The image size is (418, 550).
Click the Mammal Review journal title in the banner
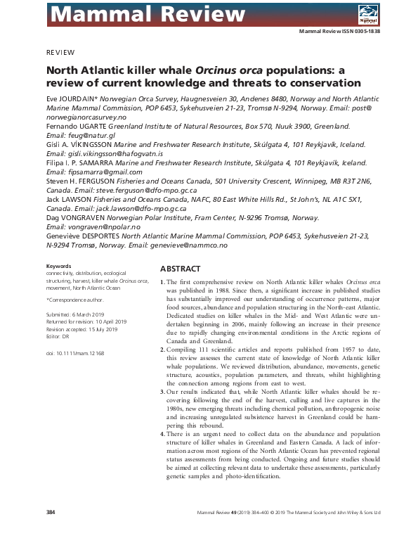119,13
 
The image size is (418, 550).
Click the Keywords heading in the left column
58,267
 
